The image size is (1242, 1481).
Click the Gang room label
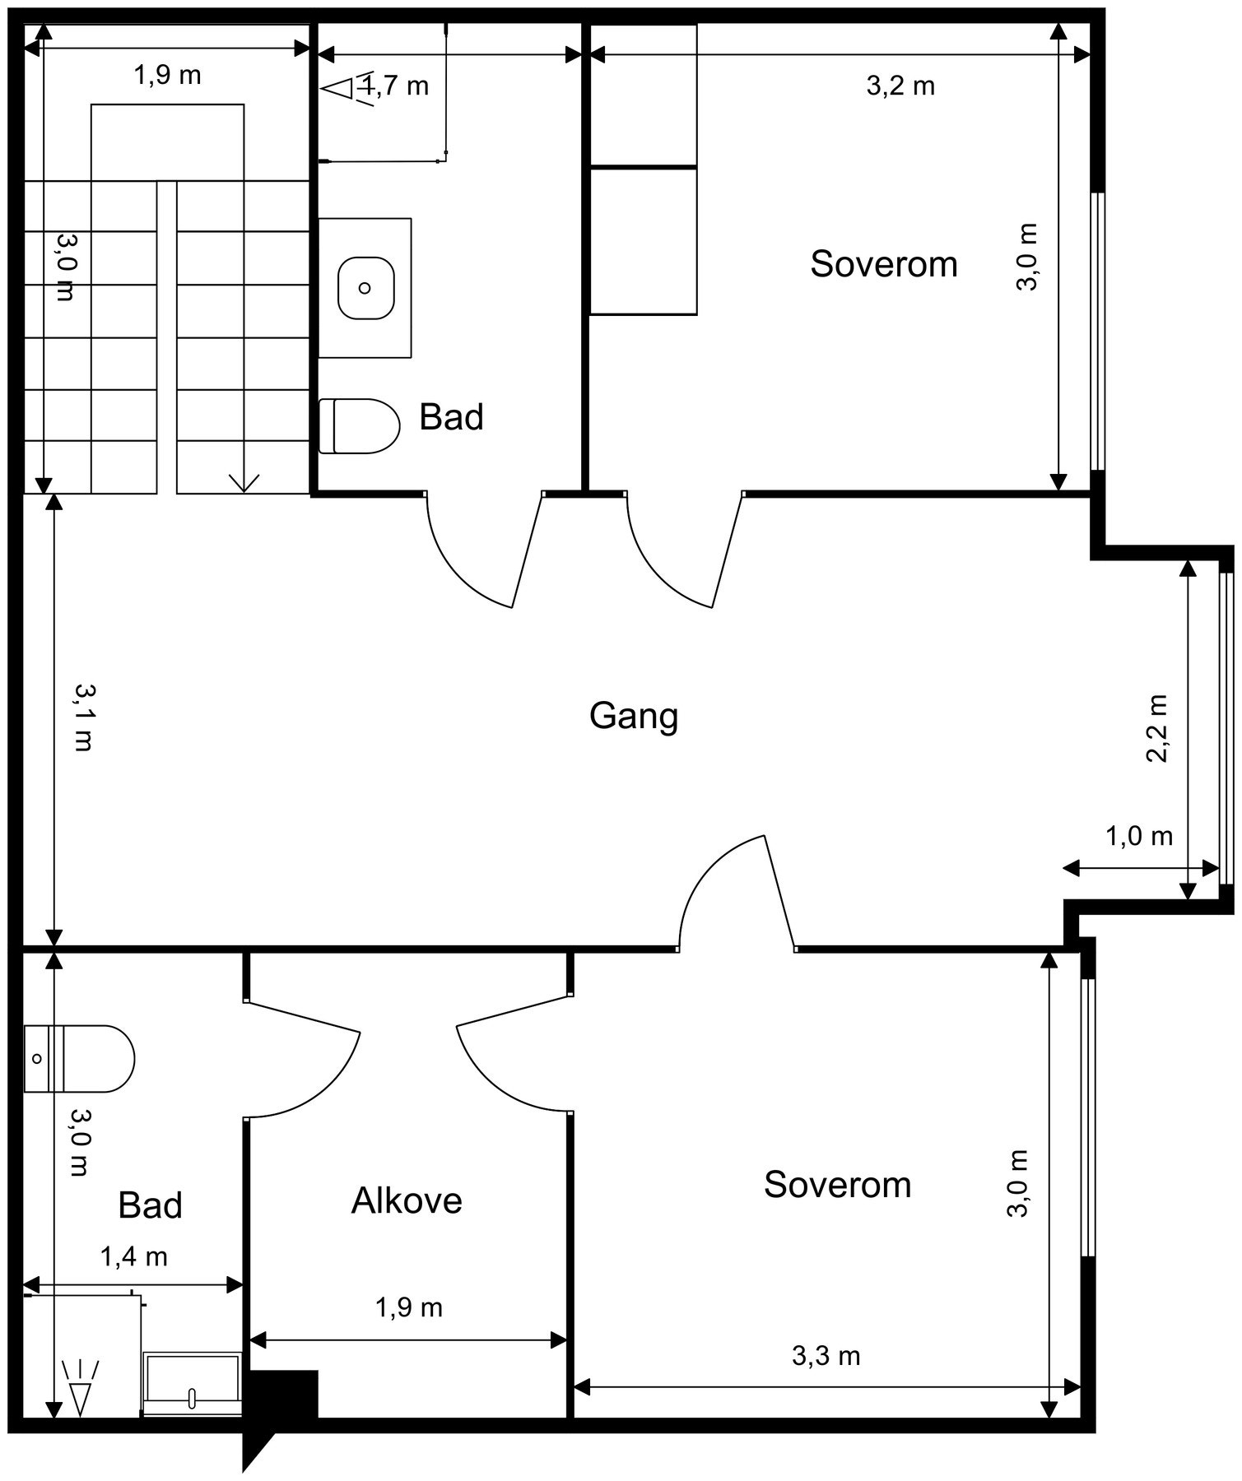(634, 716)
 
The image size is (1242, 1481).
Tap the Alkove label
(407, 1201)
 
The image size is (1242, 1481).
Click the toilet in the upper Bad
(359, 426)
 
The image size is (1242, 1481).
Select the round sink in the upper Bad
(365, 288)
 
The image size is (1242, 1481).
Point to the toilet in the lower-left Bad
(79, 1059)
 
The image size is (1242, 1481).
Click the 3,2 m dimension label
(900, 86)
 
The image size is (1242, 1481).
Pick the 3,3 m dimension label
(826, 1355)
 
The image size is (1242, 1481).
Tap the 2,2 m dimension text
(1157, 729)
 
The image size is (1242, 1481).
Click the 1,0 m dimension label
(1138, 836)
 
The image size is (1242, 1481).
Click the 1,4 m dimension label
(133, 1256)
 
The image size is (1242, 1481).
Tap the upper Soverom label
(884, 264)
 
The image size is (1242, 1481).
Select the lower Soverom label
(837, 1185)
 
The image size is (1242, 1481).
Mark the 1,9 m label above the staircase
(167, 75)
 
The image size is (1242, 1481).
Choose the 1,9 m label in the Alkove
(408, 1307)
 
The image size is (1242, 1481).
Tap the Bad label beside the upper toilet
(451, 417)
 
